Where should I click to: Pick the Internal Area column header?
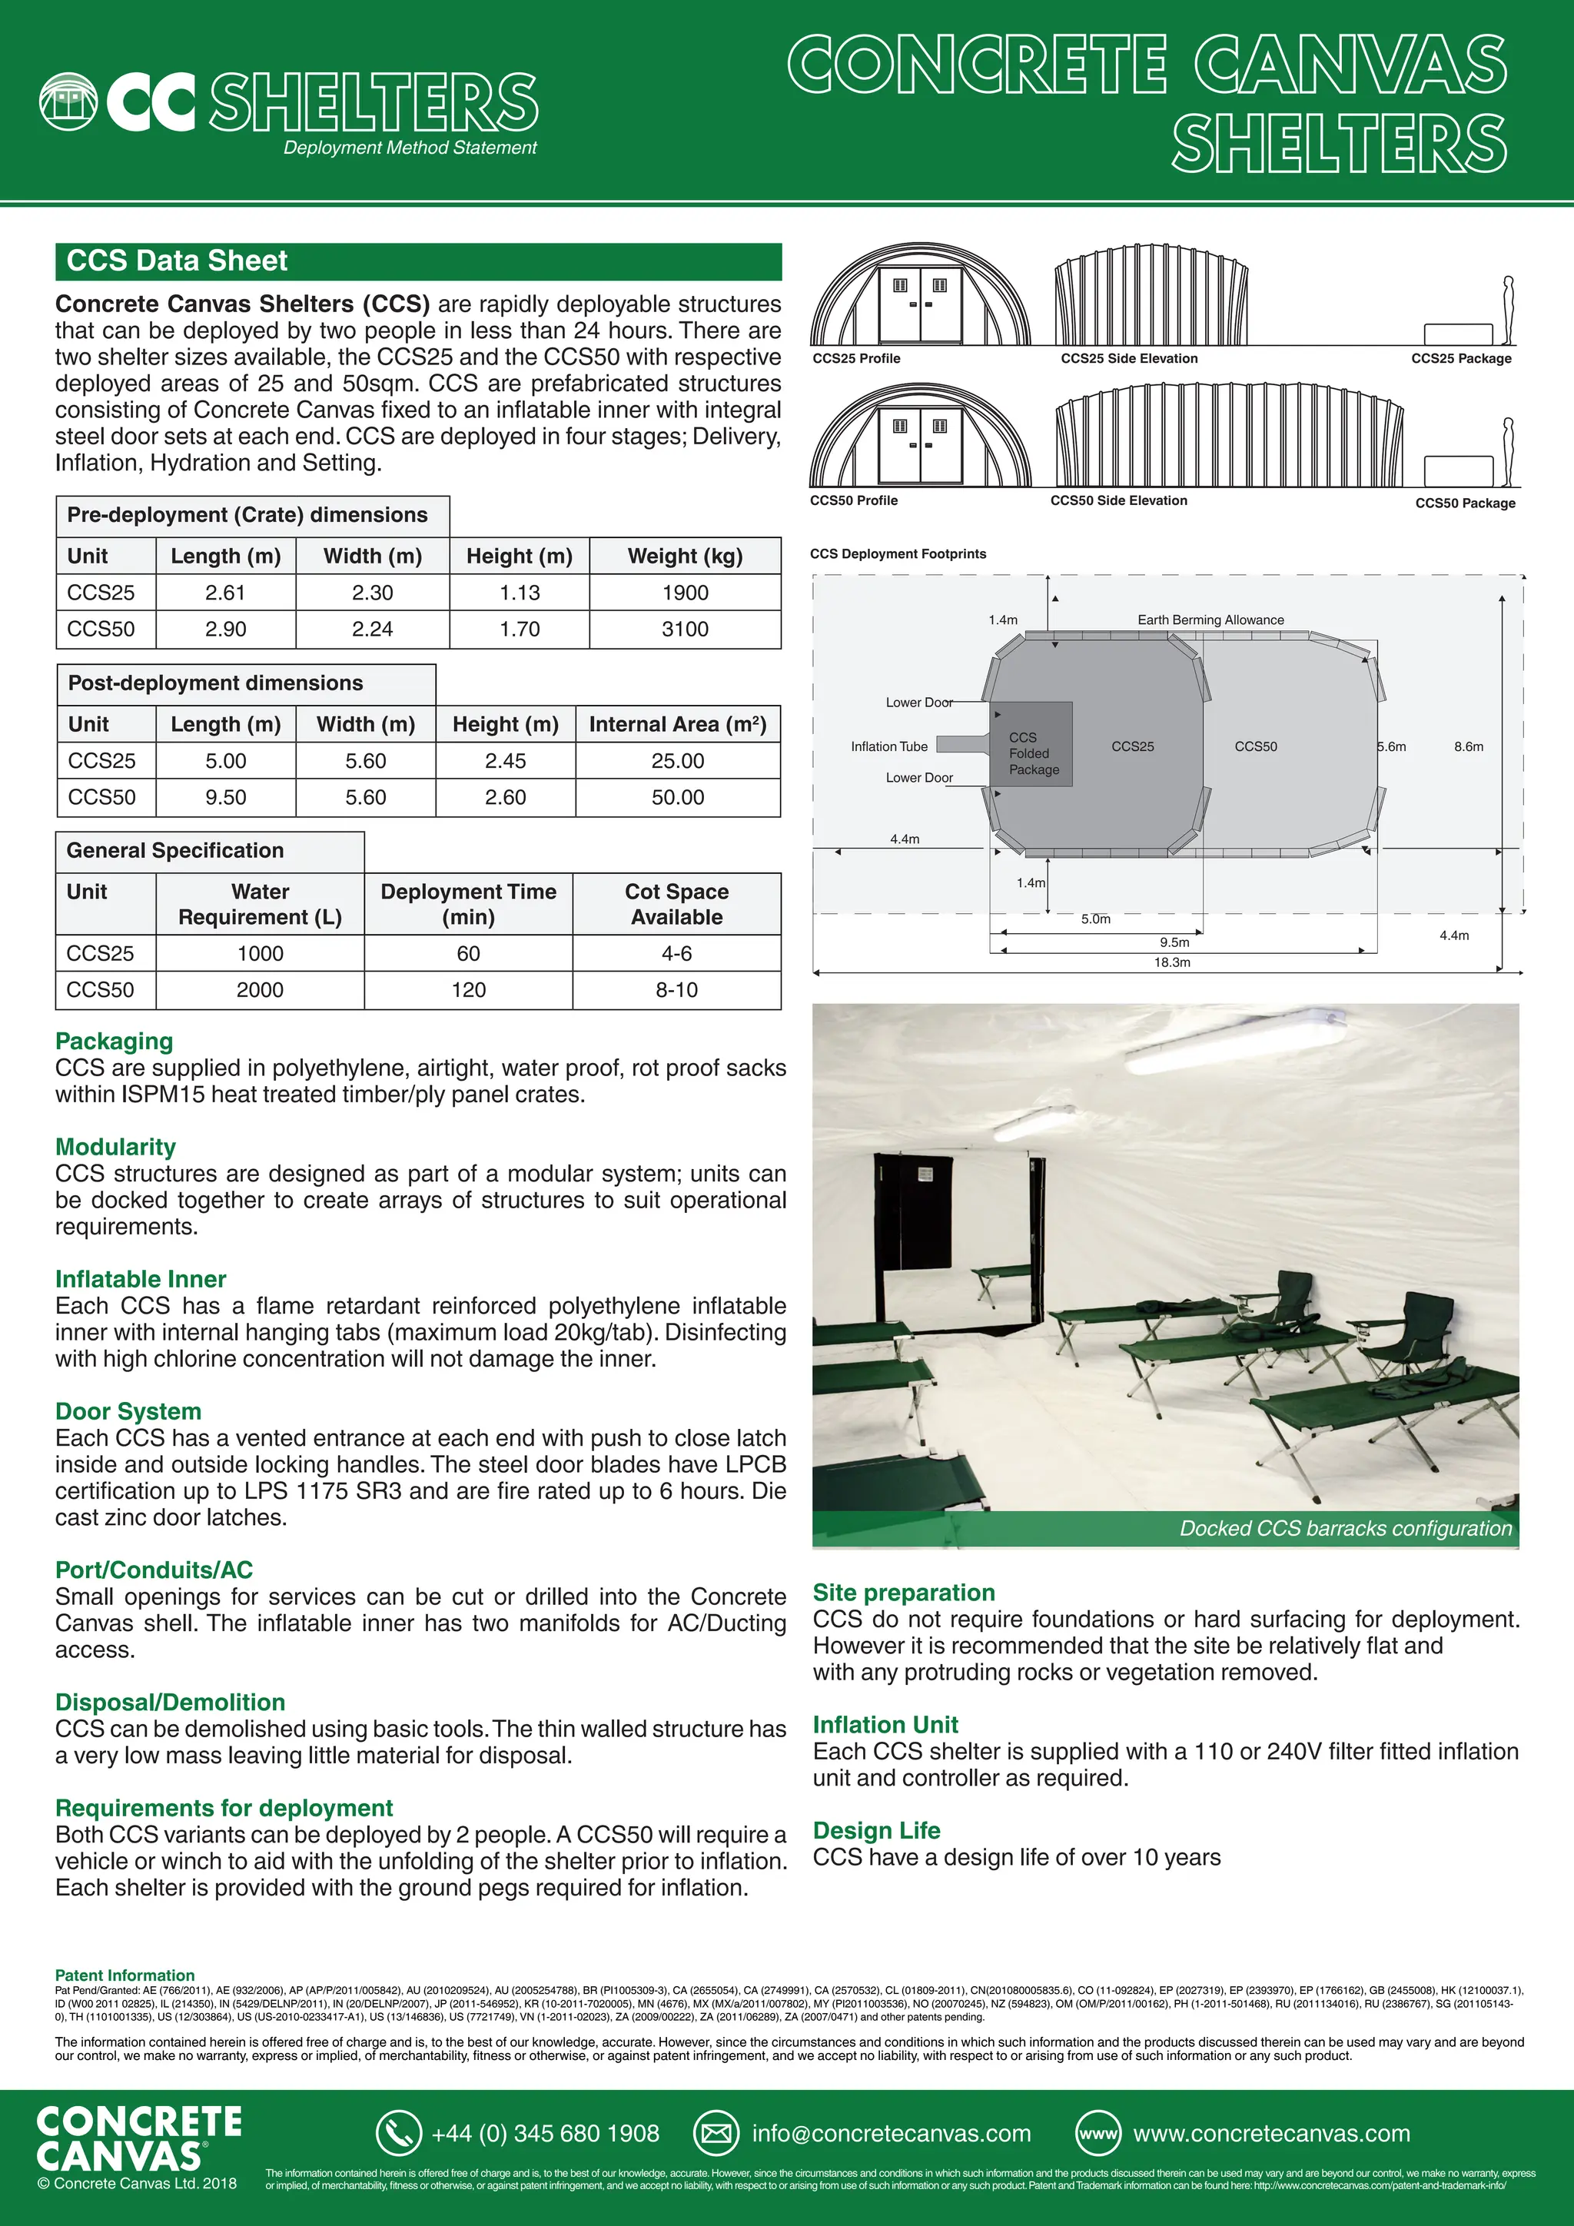(x=677, y=724)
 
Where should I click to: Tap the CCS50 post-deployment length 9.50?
(x=226, y=797)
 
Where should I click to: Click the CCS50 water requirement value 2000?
(x=260, y=990)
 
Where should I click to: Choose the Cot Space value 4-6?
(x=676, y=953)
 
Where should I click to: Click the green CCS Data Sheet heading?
(x=178, y=261)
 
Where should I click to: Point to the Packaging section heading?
(x=115, y=1042)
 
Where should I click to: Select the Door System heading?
(x=128, y=1411)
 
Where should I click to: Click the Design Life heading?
(x=876, y=1830)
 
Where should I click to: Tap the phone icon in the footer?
(x=397, y=2134)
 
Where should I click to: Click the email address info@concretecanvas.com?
(x=891, y=2134)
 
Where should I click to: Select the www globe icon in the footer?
(x=1097, y=2134)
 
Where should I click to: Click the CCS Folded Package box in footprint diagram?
(x=1033, y=745)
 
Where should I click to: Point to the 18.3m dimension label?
(x=1172, y=962)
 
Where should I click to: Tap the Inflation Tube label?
(x=888, y=746)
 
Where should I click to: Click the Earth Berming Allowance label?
(x=1210, y=620)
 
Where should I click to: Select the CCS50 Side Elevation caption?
(x=1118, y=500)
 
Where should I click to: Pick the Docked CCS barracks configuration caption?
(x=1344, y=1529)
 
